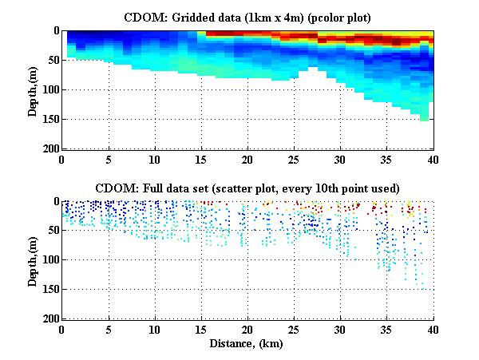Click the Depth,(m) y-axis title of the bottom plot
click(x=34, y=260)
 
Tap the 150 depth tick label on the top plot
click(x=49, y=120)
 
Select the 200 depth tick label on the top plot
click(x=49, y=149)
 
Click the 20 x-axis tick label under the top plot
click(x=247, y=160)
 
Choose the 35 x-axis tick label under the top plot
click(x=387, y=160)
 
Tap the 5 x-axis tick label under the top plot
click(x=109, y=160)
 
